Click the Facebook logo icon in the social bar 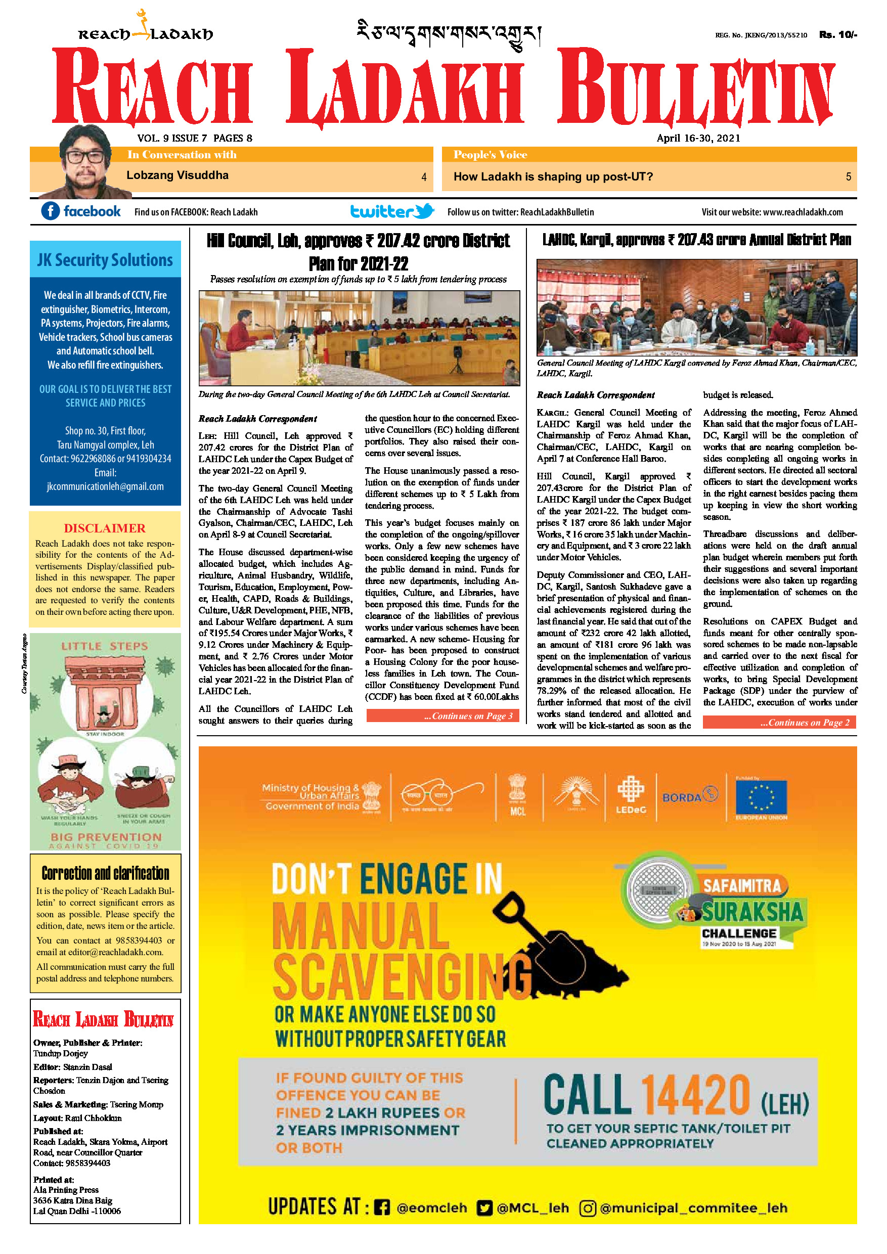point(50,211)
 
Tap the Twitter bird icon point(424,211)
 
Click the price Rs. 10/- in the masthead point(838,35)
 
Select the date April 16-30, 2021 point(698,138)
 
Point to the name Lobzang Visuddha point(178,175)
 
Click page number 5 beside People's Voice point(848,177)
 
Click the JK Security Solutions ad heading point(105,260)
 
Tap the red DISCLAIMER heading point(105,528)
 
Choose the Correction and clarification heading point(105,873)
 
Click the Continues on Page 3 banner point(442,716)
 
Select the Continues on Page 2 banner point(779,723)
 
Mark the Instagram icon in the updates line point(587,1207)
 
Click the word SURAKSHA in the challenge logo point(752,912)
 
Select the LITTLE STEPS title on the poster point(105,646)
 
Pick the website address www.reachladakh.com point(803,212)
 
